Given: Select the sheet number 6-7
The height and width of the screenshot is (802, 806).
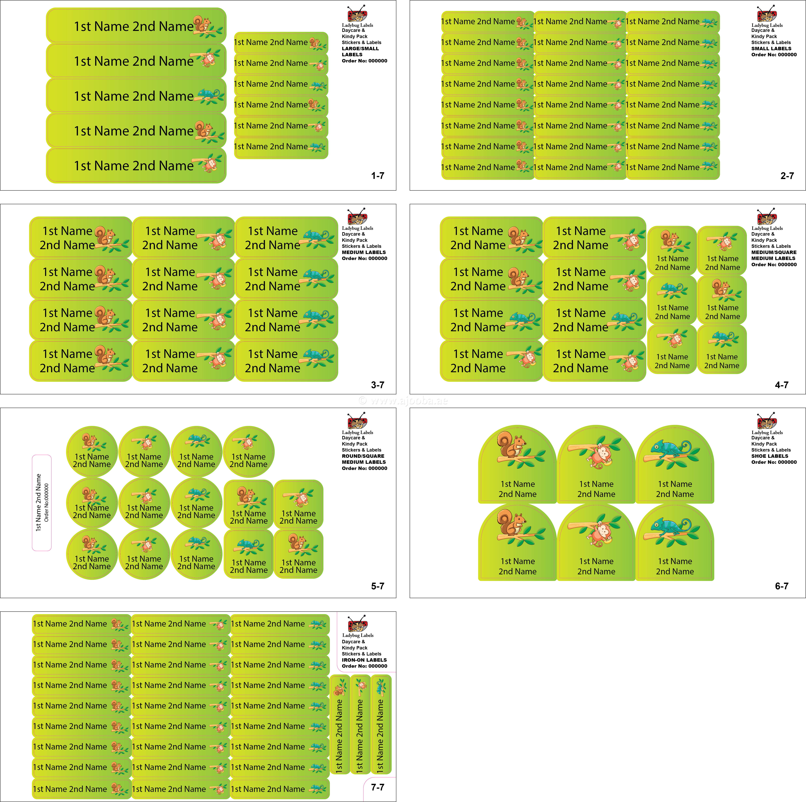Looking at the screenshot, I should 781,586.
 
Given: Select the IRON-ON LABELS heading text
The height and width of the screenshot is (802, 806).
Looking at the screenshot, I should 364,660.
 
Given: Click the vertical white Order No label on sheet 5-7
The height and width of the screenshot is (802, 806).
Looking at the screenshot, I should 42,503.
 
